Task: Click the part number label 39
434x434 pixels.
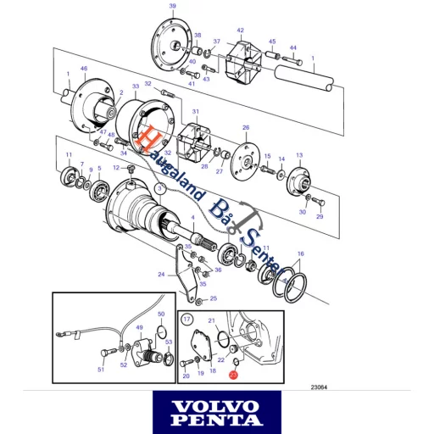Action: click(173, 6)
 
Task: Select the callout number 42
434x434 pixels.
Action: click(240, 31)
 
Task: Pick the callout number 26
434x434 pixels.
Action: click(246, 128)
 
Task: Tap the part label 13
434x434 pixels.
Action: click(298, 156)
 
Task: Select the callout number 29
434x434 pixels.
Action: click(320, 217)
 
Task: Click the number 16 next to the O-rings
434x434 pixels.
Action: click(301, 254)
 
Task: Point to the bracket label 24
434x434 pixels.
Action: click(160, 274)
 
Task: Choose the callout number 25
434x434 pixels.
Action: click(214, 298)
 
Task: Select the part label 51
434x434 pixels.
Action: click(101, 370)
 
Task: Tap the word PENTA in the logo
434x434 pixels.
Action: click(216, 420)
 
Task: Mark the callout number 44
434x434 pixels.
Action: click(293, 47)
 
